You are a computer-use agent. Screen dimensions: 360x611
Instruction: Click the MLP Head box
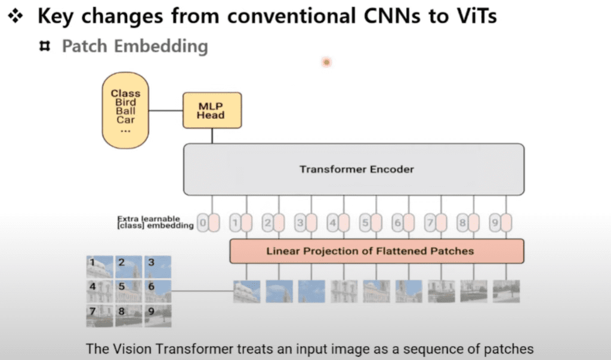point(212,110)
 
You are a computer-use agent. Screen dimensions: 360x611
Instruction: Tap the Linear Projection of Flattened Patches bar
point(377,251)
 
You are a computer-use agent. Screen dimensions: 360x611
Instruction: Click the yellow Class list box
point(125,110)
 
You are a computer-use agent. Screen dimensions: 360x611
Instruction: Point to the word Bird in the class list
point(125,102)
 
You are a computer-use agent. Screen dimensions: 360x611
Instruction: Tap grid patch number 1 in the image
point(99,266)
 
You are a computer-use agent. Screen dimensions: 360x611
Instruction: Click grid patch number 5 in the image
point(128,291)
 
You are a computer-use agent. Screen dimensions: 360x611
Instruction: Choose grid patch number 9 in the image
point(158,315)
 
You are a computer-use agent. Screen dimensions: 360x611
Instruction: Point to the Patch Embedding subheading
point(135,46)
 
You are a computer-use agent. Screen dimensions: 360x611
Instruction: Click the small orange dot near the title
point(326,61)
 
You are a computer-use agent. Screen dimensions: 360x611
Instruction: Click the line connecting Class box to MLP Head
point(166,110)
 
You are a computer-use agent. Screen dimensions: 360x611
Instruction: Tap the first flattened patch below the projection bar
point(247,291)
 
